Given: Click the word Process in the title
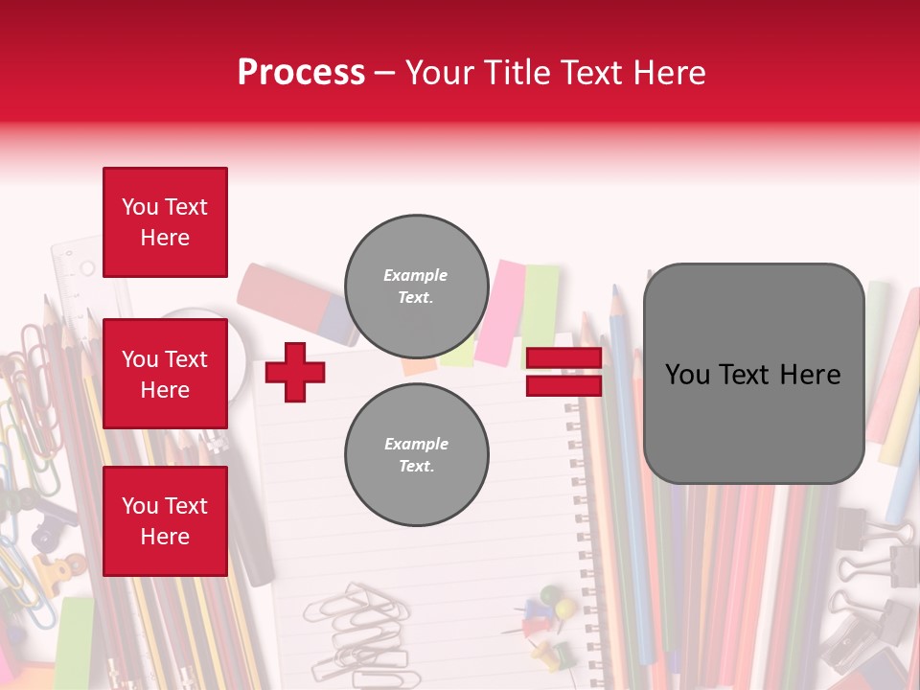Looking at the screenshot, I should [x=301, y=73].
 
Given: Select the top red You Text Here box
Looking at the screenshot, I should [x=165, y=222].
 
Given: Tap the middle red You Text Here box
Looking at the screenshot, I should [x=165, y=374].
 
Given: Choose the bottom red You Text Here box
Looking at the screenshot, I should [x=165, y=521].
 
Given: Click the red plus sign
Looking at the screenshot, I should [x=295, y=372].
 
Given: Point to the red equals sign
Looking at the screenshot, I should [x=563, y=372].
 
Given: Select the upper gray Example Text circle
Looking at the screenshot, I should [x=416, y=287].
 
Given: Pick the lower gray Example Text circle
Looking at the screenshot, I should [x=416, y=455].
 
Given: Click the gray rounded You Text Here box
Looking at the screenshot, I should [x=753, y=374].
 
